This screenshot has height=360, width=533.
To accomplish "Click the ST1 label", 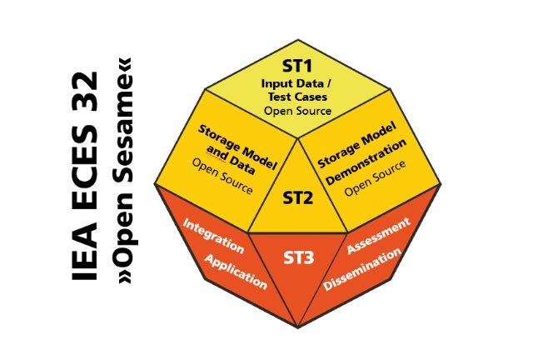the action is coord(297,66).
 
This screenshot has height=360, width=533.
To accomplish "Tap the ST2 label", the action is coord(298,197).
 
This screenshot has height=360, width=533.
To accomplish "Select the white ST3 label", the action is coord(299,257).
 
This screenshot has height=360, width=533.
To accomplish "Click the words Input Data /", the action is coord(296,83).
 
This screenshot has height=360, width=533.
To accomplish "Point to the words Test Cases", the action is coord(297,97).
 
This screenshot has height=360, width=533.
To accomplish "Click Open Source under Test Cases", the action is coord(298,111).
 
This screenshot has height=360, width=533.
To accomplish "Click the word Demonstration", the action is coord(366,162).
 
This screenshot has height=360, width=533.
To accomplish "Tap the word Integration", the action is coord(213,237).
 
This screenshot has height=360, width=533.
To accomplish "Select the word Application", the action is coord(236,272).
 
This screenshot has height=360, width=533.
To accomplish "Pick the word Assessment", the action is coord(378,236).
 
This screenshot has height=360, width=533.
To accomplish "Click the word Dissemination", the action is coord(362,269).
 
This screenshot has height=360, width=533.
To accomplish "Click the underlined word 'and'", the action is coord(217,154).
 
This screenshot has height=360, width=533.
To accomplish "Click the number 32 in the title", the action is coord(85,92).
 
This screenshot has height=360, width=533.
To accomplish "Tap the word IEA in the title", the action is coord(85,252).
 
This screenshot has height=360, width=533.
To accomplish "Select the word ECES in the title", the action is coord(85,167).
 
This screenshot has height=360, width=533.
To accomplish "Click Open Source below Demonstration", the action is coord(376,178).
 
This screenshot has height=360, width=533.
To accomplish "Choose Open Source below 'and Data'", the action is coord(222,177).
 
